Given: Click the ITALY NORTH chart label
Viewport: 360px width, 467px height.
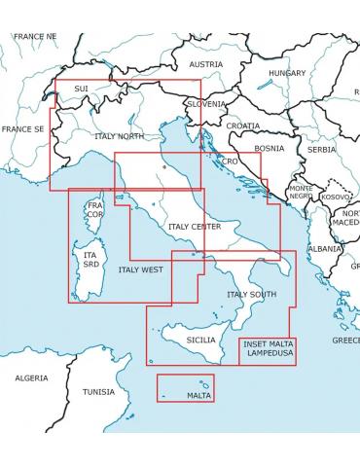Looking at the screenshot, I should (x=117, y=136).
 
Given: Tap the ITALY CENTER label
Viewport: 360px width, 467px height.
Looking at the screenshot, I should (x=195, y=227).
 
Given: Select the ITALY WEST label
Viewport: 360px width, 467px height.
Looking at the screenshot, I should (x=140, y=269).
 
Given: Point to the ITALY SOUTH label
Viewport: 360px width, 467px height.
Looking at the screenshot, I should (x=251, y=294).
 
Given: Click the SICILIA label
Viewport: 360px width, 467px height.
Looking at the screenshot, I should (x=200, y=340).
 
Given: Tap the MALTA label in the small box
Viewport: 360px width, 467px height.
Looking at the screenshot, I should (x=198, y=396).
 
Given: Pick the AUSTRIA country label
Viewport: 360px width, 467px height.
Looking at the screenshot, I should (x=205, y=64).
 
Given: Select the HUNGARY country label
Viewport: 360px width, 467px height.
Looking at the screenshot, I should (x=286, y=73).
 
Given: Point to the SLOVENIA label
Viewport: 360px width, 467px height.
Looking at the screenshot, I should (x=205, y=103).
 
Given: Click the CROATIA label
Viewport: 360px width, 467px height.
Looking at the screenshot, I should (x=243, y=126).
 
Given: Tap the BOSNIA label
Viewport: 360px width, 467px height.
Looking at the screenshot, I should (x=269, y=149).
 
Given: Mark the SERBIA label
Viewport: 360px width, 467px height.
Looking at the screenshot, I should (x=321, y=150).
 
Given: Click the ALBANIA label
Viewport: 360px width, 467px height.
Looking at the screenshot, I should (x=324, y=248).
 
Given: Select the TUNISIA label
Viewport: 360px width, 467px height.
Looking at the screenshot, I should (x=98, y=392).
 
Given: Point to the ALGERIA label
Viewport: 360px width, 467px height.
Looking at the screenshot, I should (x=31, y=377).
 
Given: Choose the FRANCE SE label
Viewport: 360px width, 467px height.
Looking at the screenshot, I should (x=22, y=128).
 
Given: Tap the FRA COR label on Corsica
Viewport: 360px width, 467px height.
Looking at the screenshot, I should (x=94, y=211).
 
